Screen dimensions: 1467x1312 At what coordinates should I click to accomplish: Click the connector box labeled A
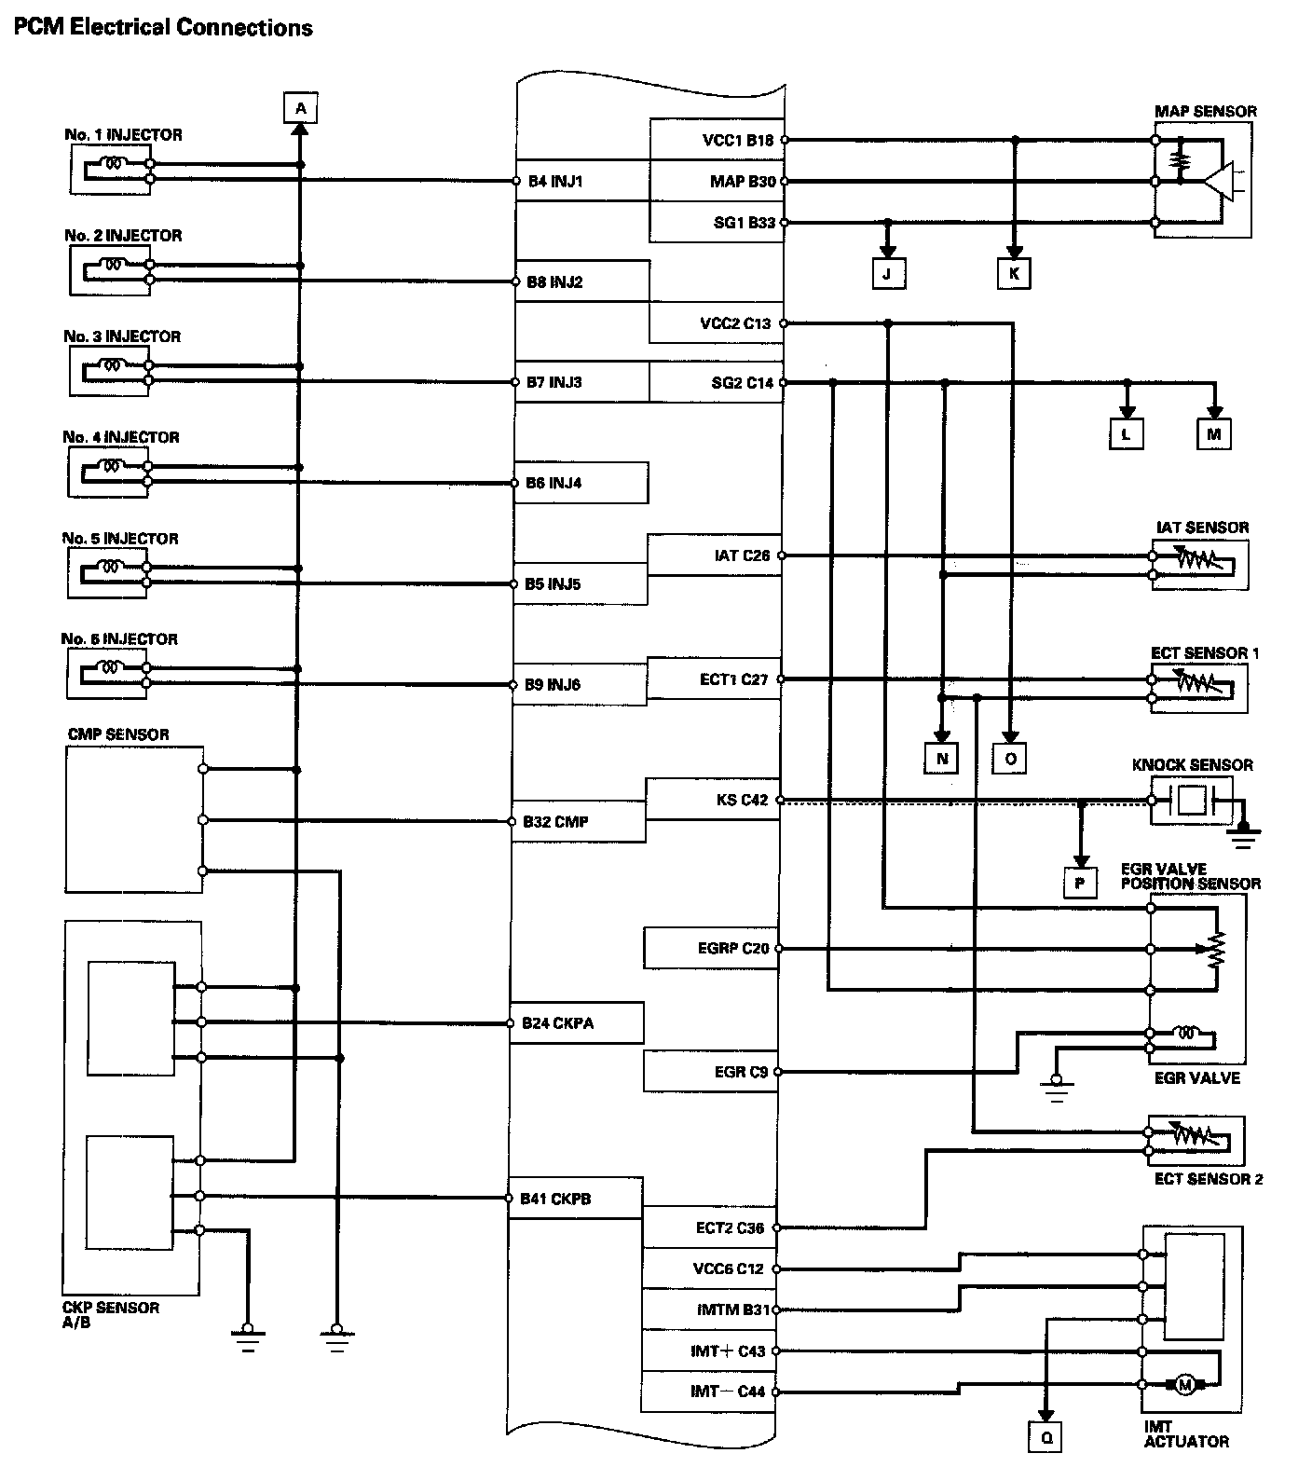(x=300, y=108)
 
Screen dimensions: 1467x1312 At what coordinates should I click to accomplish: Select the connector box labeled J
(x=887, y=273)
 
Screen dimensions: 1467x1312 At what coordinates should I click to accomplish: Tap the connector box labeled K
(x=1015, y=273)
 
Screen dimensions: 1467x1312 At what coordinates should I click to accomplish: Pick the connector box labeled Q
(x=1046, y=1438)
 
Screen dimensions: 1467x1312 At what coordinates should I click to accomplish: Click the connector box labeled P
(x=1080, y=882)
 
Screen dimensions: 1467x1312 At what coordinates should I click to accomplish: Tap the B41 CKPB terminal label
(x=555, y=1199)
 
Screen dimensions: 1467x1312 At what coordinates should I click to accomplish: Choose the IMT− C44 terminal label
(x=727, y=1392)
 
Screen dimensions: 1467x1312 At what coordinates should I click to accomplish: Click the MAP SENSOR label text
(x=1205, y=111)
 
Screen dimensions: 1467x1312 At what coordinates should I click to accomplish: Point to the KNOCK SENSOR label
(x=1192, y=765)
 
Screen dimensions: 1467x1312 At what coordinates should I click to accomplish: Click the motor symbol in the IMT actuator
(x=1185, y=1386)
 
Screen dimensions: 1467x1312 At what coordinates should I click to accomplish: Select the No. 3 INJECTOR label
(x=122, y=336)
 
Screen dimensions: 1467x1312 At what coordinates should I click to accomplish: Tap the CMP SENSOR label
(x=118, y=734)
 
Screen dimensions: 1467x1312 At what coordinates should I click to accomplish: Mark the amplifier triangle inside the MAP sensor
(x=1217, y=182)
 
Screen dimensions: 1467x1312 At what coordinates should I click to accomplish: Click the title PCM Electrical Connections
(x=162, y=27)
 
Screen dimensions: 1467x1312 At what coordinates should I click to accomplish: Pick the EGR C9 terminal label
(x=741, y=1072)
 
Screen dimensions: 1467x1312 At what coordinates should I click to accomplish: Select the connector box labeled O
(x=1010, y=759)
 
